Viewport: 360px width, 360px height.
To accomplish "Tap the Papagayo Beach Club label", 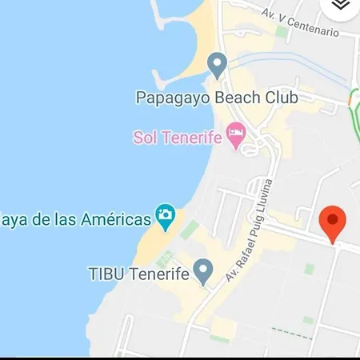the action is tap(216, 98).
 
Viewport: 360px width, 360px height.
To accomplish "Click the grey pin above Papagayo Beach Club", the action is tap(216, 64).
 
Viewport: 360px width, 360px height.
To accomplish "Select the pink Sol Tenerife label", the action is tap(177, 138).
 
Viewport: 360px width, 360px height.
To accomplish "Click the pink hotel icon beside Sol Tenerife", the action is tap(235, 134).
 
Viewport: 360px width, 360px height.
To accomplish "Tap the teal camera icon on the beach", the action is tap(165, 216).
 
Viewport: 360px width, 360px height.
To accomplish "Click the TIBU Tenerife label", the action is tap(138, 274).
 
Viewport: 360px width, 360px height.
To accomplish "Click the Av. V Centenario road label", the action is tap(301, 22).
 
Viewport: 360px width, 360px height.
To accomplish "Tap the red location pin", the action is tap(332, 222).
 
